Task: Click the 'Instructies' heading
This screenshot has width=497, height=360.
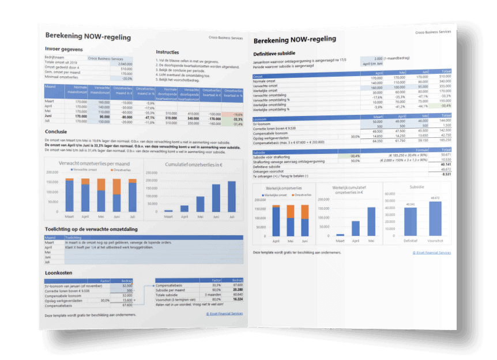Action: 167,52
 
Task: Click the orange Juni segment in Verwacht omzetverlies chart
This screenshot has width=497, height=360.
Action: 116,186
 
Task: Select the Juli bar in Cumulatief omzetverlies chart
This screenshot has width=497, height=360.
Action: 231,197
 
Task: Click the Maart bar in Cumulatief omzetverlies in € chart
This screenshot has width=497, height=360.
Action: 168,211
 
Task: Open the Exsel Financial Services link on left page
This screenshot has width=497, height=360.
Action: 224,314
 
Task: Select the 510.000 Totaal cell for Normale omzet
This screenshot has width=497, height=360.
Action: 444,76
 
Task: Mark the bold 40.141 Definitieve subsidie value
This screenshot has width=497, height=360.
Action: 443,164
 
